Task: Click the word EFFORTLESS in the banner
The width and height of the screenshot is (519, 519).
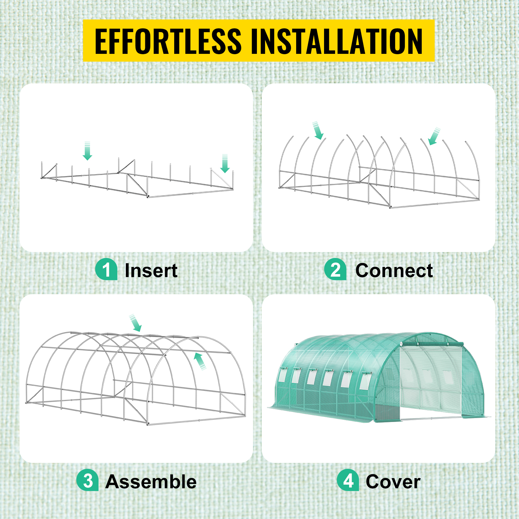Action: (x=168, y=41)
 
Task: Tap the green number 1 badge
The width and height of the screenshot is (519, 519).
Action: (x=106, y=269)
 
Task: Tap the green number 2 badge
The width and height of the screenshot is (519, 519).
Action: (x=335, y=269)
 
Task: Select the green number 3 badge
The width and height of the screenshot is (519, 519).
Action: (x=88, y=480)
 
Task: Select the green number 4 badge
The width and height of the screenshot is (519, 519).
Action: (x=348, y=480)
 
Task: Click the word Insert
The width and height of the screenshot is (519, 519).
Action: (x=151, y=271)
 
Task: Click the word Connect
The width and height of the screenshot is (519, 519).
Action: (x=394, y=271)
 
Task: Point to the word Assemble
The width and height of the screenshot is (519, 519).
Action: (x=151, y=482)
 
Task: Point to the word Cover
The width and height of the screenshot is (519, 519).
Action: (x=393, y=482)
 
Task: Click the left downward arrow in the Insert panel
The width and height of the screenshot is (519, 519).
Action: (x=87, y=151)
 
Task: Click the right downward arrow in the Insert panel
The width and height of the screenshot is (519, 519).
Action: (x=225, y=163)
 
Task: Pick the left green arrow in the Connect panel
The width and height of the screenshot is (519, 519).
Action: (x=318, y=130)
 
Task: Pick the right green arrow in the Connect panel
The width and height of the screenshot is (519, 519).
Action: (x=434, y=136)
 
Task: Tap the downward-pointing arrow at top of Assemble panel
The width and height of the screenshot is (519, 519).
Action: (x=136, y=323)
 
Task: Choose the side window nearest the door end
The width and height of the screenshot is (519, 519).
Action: (x=365, y=381)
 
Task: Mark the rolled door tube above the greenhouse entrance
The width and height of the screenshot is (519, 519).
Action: (x=432, y=344)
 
